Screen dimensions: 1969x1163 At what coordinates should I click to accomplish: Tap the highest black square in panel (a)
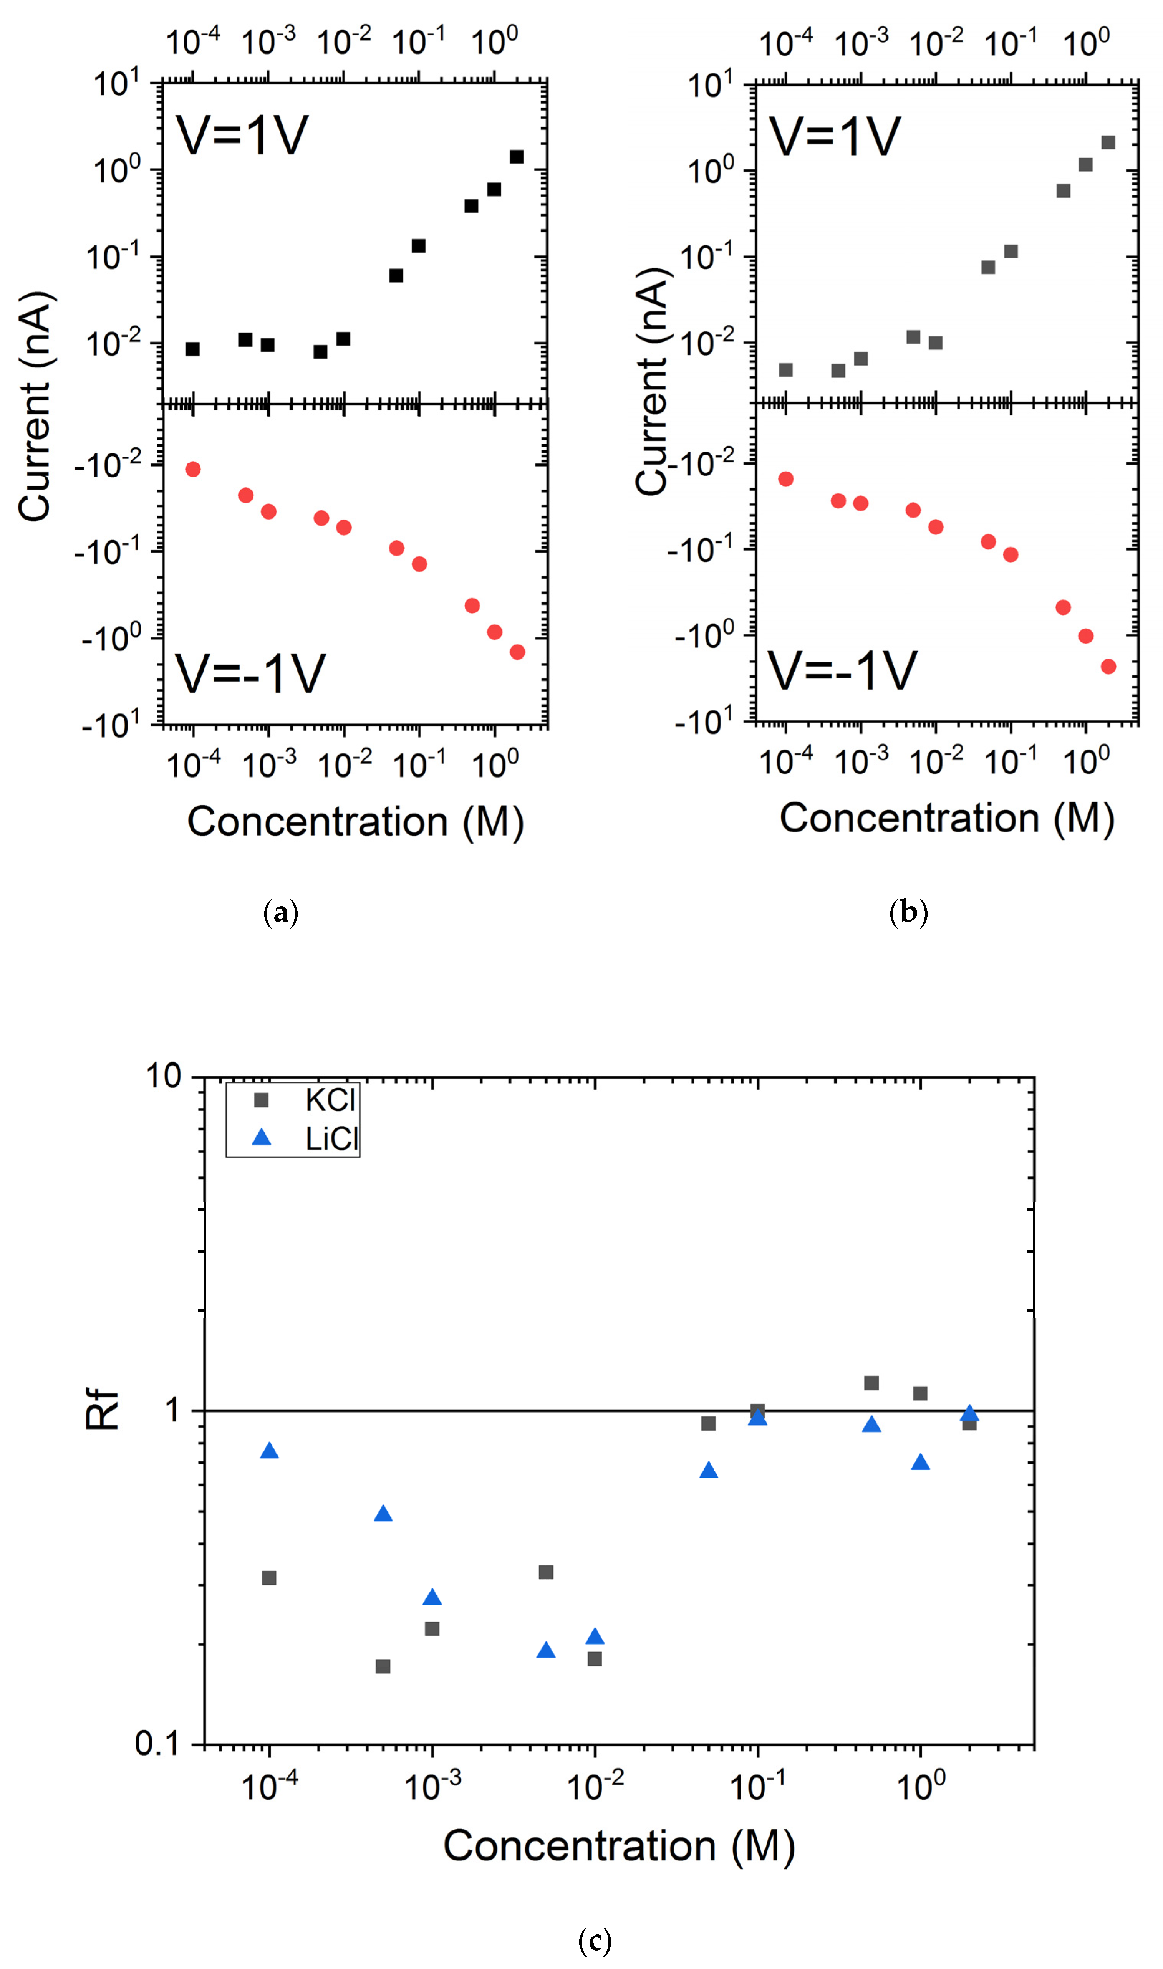[517, 157]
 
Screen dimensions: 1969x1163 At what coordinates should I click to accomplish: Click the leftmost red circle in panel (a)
[193, 469]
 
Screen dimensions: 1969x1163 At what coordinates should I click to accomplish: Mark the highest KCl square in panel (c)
[871, 1383]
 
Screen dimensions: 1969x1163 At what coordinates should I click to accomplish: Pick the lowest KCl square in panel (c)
[383, 1666]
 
